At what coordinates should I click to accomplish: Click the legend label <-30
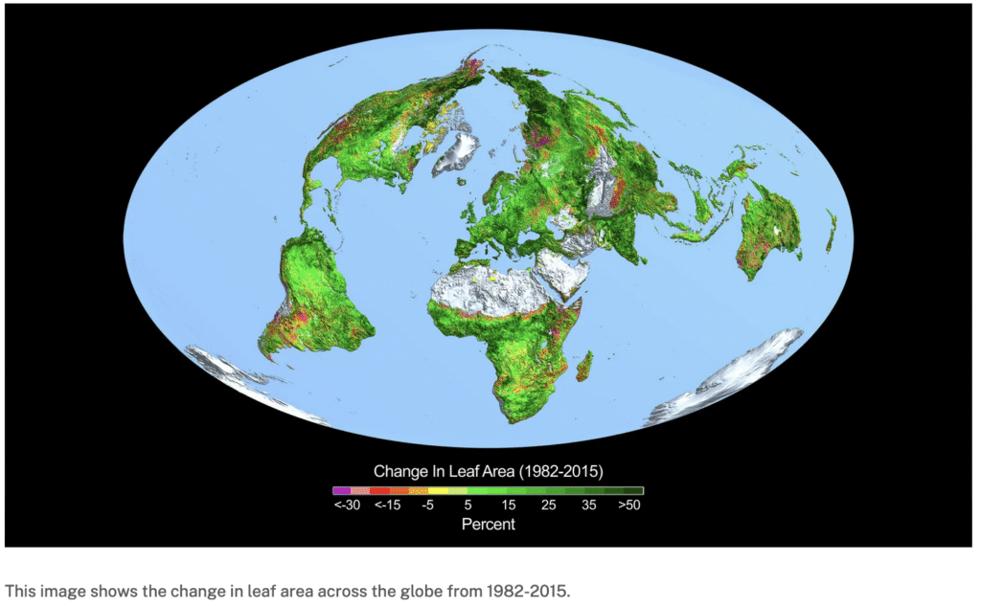[347, 505]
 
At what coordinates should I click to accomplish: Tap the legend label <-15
[387, 505]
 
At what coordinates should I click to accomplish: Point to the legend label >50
[628, 505]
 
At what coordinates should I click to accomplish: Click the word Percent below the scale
[489, 524]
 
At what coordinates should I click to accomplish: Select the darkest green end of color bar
[637, 490]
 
